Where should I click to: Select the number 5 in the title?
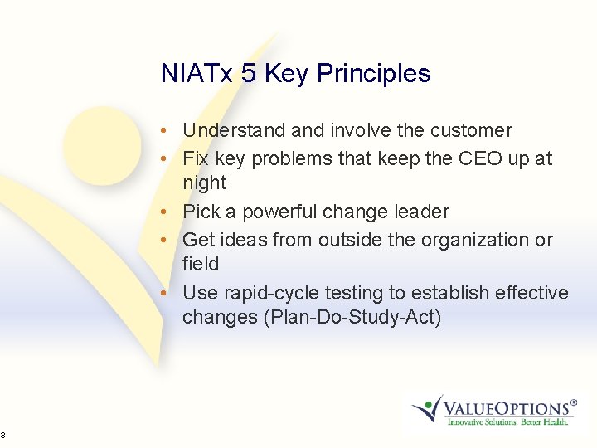pyautogui.click(x=249, y=74)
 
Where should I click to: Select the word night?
pyautogui.click(x=204, y=183)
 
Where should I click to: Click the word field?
pyautogui.click(x=201, y=264)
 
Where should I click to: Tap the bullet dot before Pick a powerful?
pyautogui.click(x=167, y=212)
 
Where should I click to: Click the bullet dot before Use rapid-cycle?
pyautogui.click(x=167, y=294)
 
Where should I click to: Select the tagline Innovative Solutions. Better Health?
pyautogui.click(x=507, y=422)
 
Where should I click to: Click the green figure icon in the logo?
pyautogui.click(x=427, y=407)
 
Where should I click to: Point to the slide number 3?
pyautogui.click(x=3, y=435)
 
